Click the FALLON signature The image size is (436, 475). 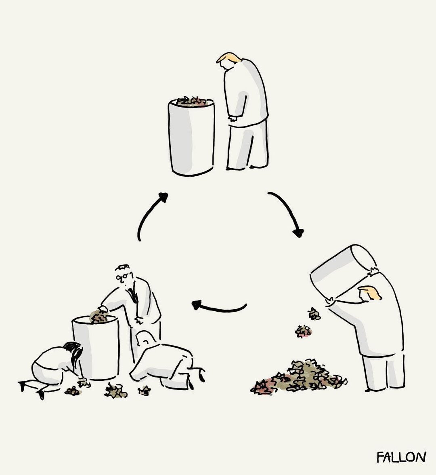tap(401, 457)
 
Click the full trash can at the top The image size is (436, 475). tap(191, 136)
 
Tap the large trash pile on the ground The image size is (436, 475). tap(299, 376)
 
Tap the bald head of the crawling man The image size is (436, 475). tap(145, 338)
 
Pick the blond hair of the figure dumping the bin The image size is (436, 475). tap(371, 292)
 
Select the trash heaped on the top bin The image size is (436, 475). tap(192, 101)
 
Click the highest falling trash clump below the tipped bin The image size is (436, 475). tap(314, 314)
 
